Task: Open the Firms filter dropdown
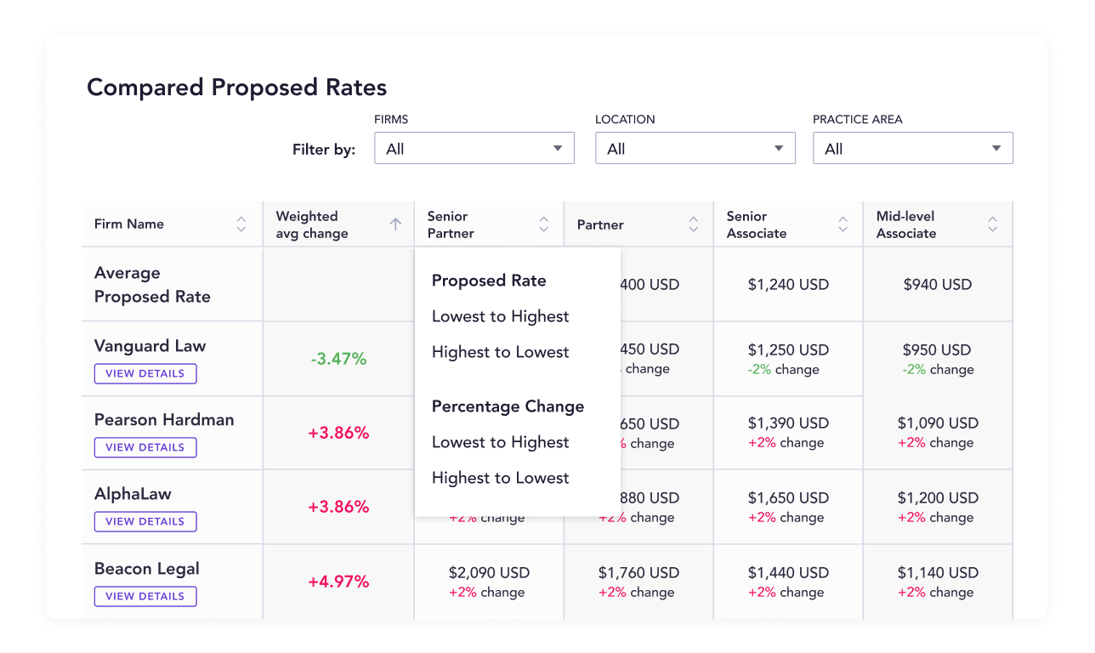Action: pos(474,149)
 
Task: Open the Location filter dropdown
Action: pos(695,149)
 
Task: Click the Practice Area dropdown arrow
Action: pos(996,149)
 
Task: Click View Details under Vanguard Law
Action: pos(145,373)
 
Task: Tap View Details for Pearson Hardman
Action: pos(145,447)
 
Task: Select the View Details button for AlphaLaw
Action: pos(145,521)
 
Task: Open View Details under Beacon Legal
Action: pos(145,596)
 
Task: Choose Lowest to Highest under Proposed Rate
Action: pos(500,316)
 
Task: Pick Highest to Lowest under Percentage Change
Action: pos(500,478)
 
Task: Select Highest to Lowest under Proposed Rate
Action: pos(500,352)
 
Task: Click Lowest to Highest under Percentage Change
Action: pos(500,442)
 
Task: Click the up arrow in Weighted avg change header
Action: pos(395,224)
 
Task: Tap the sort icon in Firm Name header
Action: pos(241,224)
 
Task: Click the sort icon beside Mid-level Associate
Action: pos(992,224)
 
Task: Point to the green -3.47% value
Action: pos(338,359)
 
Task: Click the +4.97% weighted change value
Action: pos(338,582)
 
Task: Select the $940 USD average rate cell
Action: pos(937,285)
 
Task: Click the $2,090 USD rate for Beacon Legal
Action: pos(489,573)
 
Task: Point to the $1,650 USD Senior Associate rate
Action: pos(787,498)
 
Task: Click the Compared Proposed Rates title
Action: pos(237,88)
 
